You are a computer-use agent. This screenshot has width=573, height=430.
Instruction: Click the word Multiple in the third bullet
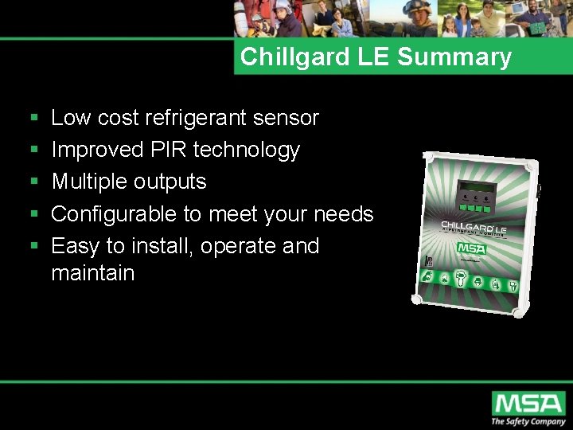point(88,182)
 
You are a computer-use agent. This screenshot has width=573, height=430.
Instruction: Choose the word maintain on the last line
point(92,273)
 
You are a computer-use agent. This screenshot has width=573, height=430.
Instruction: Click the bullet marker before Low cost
point(33,119)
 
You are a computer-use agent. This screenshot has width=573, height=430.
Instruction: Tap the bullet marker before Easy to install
point(33,247)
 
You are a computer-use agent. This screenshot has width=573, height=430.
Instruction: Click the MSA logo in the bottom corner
point(528,403)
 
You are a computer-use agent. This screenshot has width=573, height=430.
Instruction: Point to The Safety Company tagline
point(528,421)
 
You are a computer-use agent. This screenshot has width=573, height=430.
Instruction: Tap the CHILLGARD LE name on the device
point(474,229)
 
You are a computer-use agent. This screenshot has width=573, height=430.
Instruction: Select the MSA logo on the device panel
point(472,248)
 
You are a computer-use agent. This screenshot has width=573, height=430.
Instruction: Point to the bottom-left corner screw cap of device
point(416,299)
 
